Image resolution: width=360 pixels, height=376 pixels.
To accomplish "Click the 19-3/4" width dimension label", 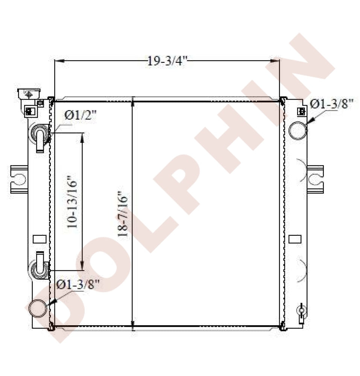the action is [167, 61].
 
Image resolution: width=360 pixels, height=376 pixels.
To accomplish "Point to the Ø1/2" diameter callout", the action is [81, 116].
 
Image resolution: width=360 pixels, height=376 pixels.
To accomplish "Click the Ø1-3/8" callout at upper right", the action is [332, 104].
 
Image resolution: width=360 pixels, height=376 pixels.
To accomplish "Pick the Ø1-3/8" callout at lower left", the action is [78, 285].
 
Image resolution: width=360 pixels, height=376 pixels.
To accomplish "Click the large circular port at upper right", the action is [298, 130].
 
